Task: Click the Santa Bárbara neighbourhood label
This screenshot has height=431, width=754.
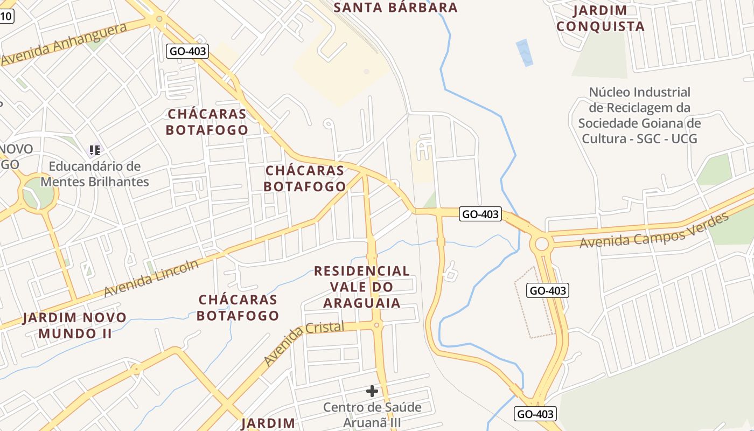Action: point(396,8)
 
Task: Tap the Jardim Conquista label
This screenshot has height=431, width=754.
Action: point(600,18)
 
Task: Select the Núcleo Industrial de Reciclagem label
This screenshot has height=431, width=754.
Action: point(639,115)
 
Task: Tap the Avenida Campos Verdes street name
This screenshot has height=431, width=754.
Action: point(654,231)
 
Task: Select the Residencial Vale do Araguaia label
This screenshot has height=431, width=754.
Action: point(362,287)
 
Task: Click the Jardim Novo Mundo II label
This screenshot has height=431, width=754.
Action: point(75,325)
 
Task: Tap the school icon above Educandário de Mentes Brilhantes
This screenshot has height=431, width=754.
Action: point(95,150)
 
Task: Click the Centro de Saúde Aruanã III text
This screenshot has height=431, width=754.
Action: point(372,414)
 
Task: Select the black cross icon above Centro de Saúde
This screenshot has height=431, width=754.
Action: point(372,391)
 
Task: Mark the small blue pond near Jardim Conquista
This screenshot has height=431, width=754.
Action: point(524,52)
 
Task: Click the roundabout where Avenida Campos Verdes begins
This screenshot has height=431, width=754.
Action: point(542,245)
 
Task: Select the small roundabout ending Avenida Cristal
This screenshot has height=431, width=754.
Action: point(376,325)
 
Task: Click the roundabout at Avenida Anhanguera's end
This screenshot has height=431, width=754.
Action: point(159,20)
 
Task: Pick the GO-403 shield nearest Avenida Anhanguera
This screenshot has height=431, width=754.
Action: point(187,51)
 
